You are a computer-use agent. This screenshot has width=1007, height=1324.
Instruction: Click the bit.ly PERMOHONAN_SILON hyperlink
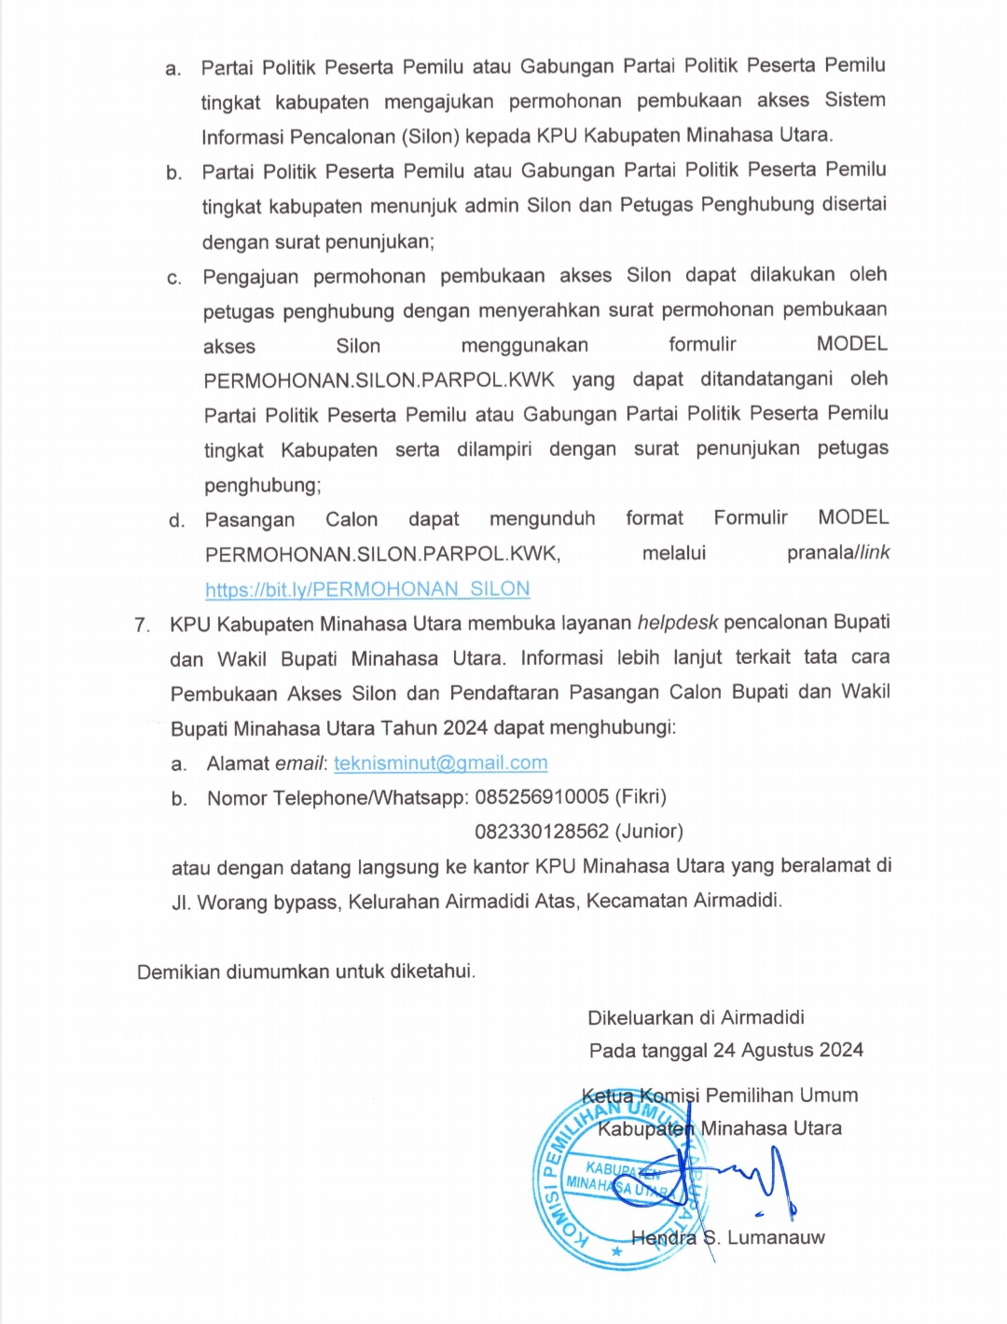click(x=367, y=589)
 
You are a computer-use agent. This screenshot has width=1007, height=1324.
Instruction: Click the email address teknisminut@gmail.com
click(x=440, y=763)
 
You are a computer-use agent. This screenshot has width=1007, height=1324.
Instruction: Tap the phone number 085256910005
click(x=542, y=797)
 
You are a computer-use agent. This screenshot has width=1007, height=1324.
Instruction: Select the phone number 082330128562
click(x=542, y=831)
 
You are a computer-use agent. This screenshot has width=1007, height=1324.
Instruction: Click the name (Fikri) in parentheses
click(x=641, y=797)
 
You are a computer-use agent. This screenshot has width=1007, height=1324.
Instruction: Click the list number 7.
click(x=142, y=625)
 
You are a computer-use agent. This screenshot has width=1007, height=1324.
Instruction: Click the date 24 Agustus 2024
click(x=788, y=1051)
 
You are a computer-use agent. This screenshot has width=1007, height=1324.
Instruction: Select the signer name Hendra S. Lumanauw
click(x=728, y=1238)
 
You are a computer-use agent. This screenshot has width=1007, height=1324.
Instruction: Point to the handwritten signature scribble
click(x=746, y=1179)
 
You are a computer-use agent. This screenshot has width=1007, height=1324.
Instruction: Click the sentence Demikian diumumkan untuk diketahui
click(x=306, y=972)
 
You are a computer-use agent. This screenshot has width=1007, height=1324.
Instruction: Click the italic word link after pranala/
click(x=875, y=553)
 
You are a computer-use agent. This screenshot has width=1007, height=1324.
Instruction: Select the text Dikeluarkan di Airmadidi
click(x=696, y=1017)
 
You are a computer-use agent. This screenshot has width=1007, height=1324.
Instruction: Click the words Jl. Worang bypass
click(x=255, y=902)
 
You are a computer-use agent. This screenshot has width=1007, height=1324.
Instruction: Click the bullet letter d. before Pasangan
click(x=177, y=520)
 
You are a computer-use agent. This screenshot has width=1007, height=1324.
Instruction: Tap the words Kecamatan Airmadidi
click(x=684, y=901)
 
